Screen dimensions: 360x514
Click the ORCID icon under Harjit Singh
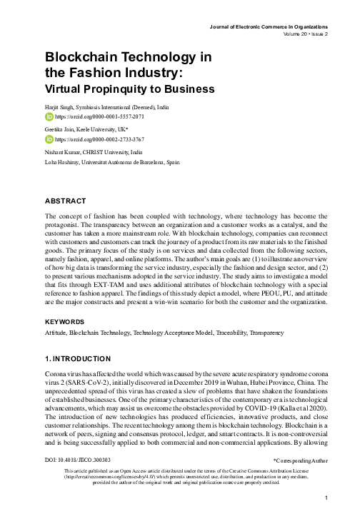pos(49,115)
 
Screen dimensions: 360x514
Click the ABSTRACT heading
pos(66,201)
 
